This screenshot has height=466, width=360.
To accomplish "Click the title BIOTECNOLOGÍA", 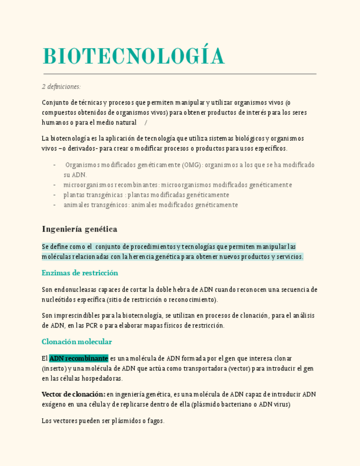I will coord(134,57).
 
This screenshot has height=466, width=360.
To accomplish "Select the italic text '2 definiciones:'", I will coord(61,86).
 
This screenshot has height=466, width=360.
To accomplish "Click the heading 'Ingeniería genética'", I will coord(79,229).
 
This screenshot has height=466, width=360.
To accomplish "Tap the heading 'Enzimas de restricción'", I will coord(80,273).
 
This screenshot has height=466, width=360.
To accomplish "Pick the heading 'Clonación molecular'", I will coord(76,341).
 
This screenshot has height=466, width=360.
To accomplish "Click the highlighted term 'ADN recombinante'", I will coord(79,358).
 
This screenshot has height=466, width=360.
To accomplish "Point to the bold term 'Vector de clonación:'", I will coord(73,394).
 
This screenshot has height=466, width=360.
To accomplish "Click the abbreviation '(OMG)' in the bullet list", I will coord(192,165).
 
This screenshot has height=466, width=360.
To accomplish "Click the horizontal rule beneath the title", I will coord(180,74).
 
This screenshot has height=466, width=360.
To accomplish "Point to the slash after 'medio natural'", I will coord(146,122).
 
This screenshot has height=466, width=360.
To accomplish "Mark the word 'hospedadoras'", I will coord(103,378).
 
